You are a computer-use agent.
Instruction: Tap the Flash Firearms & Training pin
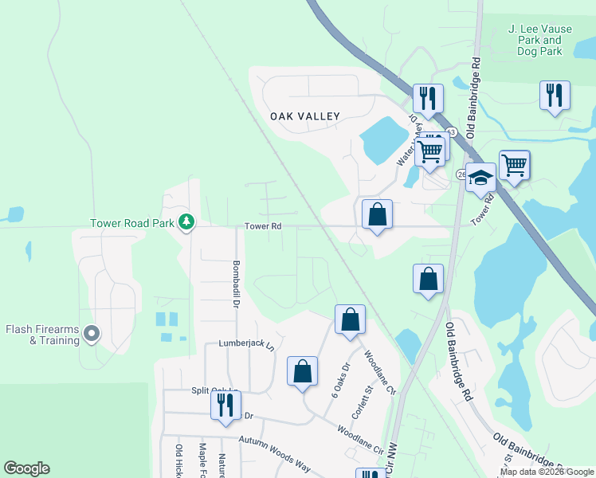click(92, 335)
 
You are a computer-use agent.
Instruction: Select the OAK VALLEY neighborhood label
click(305, 116)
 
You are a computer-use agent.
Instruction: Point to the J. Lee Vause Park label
click(535, 40)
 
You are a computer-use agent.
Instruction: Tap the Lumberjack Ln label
click(245, 346)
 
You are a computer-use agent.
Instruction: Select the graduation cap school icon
click(480, 177)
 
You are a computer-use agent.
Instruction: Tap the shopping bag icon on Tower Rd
click(377, 214)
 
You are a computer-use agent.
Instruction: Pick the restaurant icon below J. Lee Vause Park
click(555, 96)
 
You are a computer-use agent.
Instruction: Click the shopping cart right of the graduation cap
click(514, 165)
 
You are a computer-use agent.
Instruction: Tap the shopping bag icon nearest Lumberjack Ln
click(302, 371)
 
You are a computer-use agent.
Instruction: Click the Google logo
click(26, 468)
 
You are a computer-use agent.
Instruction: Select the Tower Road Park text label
click(131, 224)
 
